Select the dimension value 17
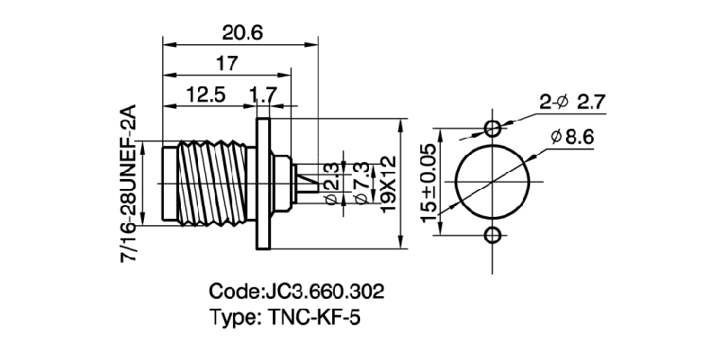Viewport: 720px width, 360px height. click(227, 65)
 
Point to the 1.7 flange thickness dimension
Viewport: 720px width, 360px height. click(264, 96)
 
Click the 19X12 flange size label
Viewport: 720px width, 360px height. click(389, 185)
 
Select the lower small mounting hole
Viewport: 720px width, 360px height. click(492, 236)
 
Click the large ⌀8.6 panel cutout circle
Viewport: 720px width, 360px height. click(492, 181)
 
